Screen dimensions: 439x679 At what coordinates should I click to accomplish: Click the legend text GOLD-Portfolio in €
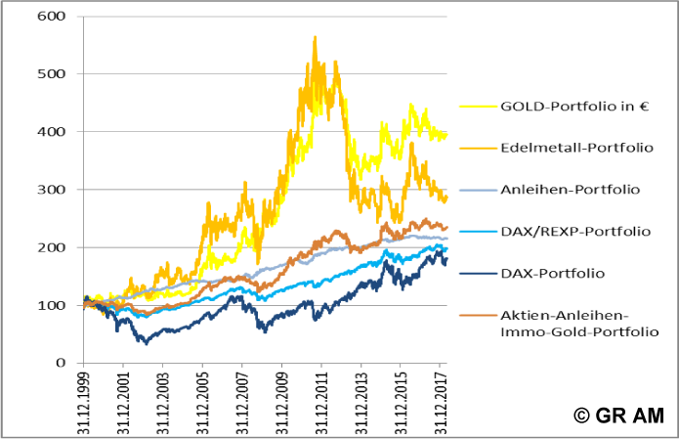(562, 106)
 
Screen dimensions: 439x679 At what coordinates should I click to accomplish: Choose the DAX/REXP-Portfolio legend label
(564, 232)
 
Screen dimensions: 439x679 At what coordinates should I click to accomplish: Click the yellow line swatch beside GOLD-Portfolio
(473, 107)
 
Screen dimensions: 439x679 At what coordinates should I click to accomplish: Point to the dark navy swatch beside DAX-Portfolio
(473, 274)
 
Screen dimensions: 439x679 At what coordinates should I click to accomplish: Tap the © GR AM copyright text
(617, 415)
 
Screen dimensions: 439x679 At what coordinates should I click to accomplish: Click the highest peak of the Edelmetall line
(315, 37)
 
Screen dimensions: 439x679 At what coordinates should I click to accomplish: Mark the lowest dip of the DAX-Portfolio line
(147, 342)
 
